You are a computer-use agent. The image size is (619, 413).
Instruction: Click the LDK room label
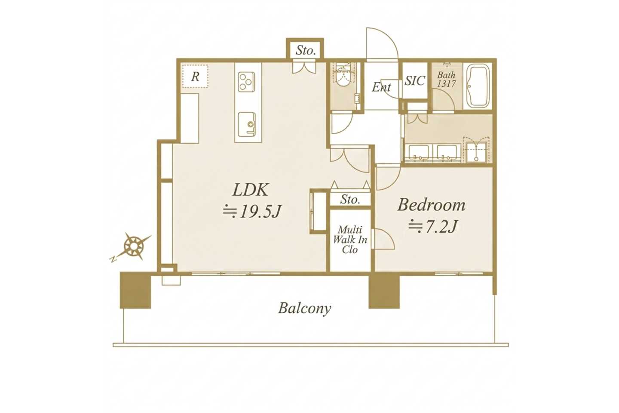[250, 190]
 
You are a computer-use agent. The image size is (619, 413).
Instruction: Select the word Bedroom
[431, 205]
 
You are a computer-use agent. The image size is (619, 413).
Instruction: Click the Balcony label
[304, 308]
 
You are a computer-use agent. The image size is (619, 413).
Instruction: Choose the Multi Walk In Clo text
[350, 240]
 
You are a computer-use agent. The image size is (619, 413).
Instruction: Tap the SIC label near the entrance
[415, 80]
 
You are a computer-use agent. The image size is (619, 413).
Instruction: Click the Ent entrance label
[381, 87]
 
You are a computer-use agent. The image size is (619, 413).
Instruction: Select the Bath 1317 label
[446, 79]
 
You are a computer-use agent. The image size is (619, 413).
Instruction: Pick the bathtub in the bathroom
[478, 86]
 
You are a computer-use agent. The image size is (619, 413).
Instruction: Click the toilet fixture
[344, 77]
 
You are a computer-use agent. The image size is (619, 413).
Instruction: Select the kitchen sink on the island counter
[247, 124]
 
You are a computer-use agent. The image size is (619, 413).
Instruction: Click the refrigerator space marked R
[195, 76]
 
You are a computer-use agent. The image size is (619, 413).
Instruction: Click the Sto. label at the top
[306, 50]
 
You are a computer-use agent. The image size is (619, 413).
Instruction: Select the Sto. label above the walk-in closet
[350, 199]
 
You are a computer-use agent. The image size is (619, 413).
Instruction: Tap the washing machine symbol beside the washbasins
[477, 151]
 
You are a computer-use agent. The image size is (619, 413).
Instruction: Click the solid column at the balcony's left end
[135, 290]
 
